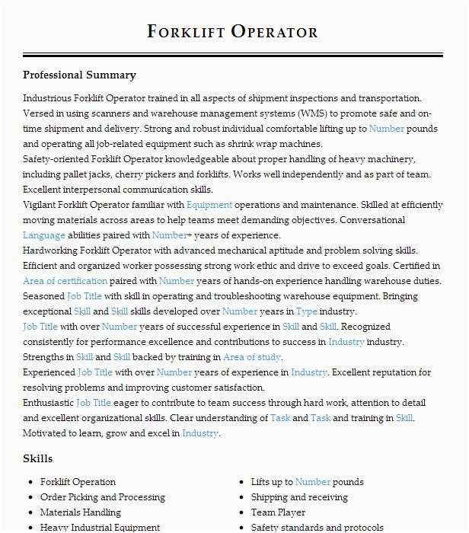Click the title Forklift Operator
tap(233, 31)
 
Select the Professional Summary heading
tap(79, 75)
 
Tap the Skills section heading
tap(38, 458)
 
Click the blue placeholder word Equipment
tap(209, 205)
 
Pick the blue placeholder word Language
tap(44, 235)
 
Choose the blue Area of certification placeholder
tap(65, 281)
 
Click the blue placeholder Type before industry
tap(307, 311)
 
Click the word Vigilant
tap(43, 205)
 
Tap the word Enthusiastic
tap(48, 403)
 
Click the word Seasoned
tap(43, 296)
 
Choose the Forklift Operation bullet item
tap(78, 482)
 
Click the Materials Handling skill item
tap(80, 512)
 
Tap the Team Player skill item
tap(279, 512)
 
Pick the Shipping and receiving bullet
tap(298, 497)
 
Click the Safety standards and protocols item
tap(317, 527)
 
